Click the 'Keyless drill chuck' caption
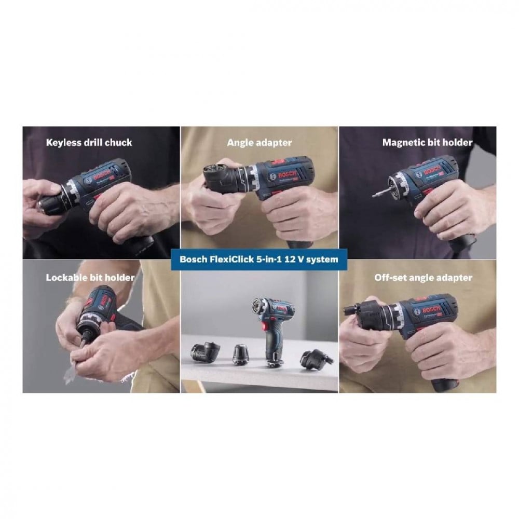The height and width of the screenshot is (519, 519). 89,143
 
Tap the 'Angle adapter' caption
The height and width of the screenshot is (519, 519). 259,143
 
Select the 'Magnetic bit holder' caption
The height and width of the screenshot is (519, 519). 427,142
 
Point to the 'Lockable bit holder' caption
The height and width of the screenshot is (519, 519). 90,277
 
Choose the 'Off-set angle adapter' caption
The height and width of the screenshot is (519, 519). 424,277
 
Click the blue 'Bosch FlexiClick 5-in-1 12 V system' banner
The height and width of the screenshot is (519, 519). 259,259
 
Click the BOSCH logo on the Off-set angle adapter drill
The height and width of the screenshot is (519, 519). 431,310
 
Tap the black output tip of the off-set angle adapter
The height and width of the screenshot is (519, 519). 349,311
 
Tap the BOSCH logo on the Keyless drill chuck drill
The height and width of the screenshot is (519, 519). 102,177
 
